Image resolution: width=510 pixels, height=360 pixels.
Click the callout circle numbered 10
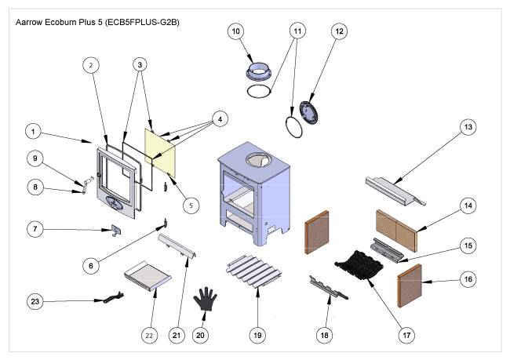click(236, 31)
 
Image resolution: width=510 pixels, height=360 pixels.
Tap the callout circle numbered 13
click(468, 127)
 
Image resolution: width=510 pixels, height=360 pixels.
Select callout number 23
click(35, 301)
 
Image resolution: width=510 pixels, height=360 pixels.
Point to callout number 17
click(406, 335)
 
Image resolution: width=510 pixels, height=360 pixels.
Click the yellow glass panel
click(160, 152)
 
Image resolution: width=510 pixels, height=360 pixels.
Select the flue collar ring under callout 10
click(259, 71)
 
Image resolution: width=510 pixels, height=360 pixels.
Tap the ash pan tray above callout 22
click(148, 276)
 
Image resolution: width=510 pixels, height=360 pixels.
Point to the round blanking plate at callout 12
click(309, 112)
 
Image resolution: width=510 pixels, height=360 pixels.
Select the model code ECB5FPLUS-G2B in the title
click(142, 22)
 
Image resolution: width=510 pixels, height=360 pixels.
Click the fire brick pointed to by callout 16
click(410, 285)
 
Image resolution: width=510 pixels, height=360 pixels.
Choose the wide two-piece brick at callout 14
click(396, 231)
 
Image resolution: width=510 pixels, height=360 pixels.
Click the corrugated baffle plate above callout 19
click(253, 271)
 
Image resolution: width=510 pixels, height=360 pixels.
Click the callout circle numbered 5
click(191, 205)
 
